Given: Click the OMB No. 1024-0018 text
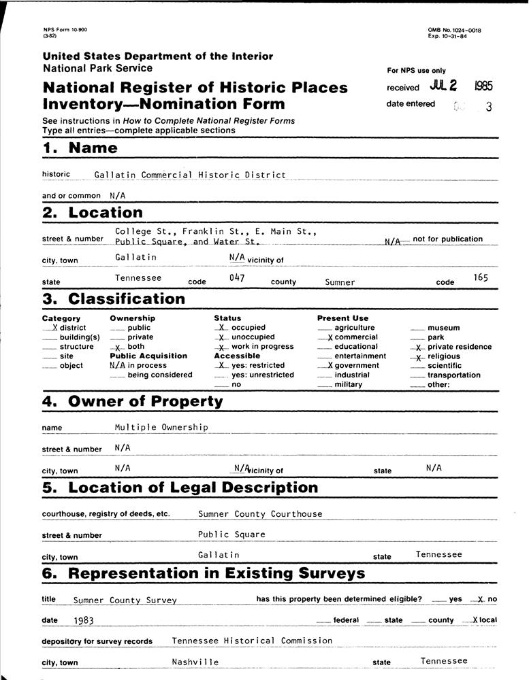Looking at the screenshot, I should pyautogui.click(x=454, y=30).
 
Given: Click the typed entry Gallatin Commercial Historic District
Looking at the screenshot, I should pyautogui.click(x=190, y=175).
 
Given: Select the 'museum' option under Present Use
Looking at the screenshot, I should pyautogui.click(x=443, y=328).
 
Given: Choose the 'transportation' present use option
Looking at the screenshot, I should pyautogui.click(x=453, y=375).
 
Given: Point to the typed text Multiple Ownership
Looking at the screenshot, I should pyautogui.click(x=161, y=427).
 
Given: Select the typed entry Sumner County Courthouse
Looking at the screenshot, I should pyautogui.click(x=260, y=514).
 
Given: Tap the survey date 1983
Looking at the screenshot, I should pyautogui.click(x=84, y=621).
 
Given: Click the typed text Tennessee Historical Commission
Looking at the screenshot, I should pyautogui.click(x=252, y=641).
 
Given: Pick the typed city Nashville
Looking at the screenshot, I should pyautogui.click(x=195, y=662).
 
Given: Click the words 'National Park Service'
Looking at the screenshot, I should pyautogui.click(x=97, y=68).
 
